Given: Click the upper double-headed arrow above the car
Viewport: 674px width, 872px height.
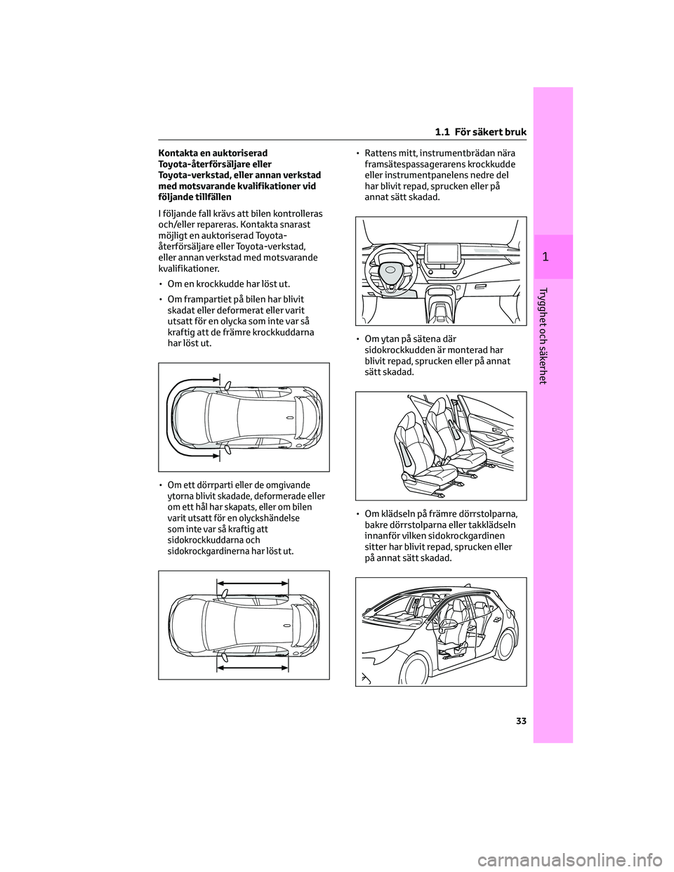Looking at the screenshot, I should pyautogui.click(x=253, y=583).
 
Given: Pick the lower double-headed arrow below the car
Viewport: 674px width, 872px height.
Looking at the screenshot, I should pyautogui.click(x=253, y=668).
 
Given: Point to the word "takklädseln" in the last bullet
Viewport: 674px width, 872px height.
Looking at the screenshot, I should pyautogui.click(x=495, y=524).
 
